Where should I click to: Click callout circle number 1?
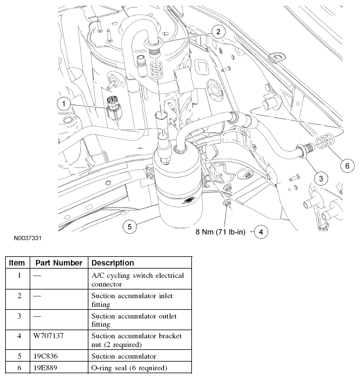click(65, 104)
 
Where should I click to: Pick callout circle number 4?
click(261, 232)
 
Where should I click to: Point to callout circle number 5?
click(130, 225)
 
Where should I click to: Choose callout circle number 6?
click(347, 166)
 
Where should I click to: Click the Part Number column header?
click(58, 263)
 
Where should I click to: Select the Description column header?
click(113, 263)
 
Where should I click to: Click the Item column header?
click(17, 263)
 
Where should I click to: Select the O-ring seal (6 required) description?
click(128, 367)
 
